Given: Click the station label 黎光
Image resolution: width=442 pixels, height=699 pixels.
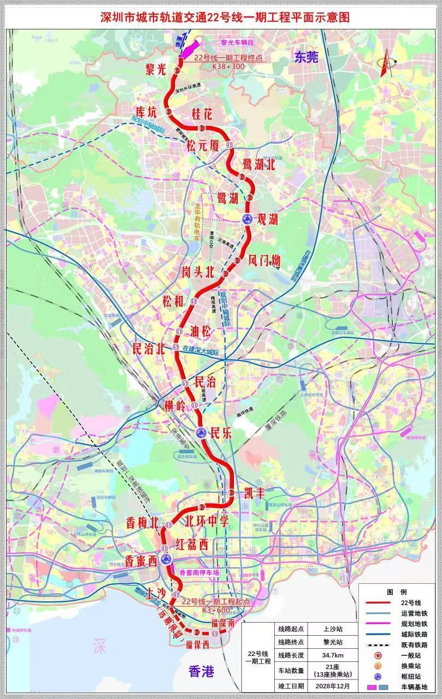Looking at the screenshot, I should click(156, 69).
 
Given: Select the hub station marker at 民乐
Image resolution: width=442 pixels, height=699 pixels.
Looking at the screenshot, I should click(201, 433).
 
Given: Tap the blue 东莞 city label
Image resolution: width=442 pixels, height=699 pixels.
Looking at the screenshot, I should click(305, 57).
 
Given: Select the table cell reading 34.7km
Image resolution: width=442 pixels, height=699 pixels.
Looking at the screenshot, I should click(333, 655).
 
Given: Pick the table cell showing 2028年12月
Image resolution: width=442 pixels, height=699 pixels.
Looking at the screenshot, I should click(333, 686).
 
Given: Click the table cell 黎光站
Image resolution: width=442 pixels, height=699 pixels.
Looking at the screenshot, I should click(333, 642).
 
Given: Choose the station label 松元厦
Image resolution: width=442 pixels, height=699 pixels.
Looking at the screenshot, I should click(203, 146).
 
